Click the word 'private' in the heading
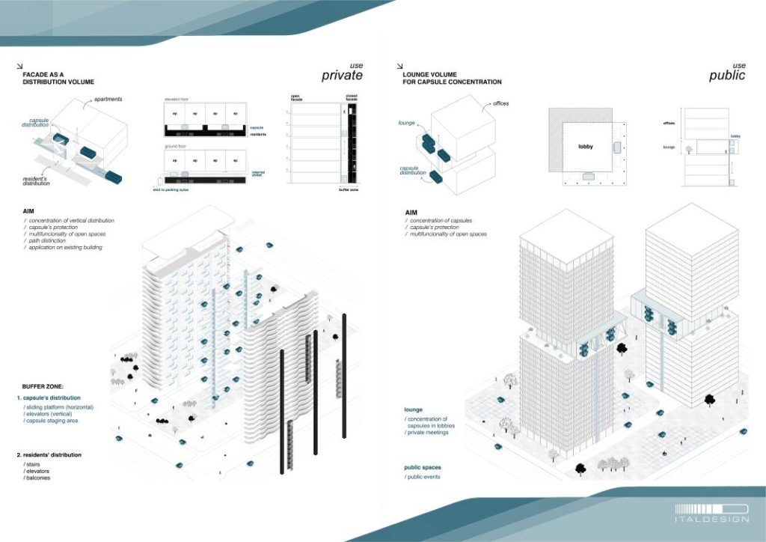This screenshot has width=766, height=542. (341, 76)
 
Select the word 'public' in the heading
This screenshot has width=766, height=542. (726, 76)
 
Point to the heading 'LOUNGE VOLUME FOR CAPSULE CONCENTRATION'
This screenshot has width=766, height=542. (451, 79)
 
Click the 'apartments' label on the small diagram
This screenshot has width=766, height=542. (109, 99)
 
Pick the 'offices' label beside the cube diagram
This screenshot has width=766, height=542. (500, 103)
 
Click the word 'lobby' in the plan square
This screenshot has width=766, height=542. (585, 147)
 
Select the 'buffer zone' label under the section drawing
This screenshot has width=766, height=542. (350, 190)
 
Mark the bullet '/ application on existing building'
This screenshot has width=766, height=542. (63, 247)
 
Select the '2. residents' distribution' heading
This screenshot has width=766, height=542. (50, 454)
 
